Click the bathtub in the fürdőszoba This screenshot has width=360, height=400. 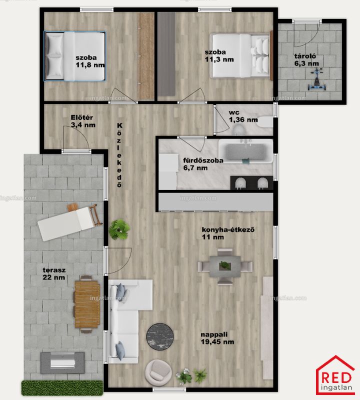[245, 151]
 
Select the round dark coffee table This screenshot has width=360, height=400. [160, 335]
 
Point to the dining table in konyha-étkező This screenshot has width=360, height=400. [225, 266]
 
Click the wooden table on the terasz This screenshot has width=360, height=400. [87, 304]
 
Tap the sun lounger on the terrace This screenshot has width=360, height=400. [70, 221]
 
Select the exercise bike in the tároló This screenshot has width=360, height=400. [316, 80]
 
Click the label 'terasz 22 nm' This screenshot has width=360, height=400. [54, 273]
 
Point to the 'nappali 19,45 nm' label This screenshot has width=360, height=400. [217, 338]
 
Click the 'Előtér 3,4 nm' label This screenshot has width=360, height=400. [83, 121]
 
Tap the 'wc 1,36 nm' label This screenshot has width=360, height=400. [243, 116]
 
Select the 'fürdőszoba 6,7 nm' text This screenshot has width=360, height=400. [203, 164]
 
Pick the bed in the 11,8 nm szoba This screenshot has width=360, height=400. [75, 56]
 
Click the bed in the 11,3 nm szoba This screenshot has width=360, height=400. [241, 56]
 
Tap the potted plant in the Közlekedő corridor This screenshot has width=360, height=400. [119, 229]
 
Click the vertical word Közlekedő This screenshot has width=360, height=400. [119, 155]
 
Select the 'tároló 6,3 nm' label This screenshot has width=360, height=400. [306, 59]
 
